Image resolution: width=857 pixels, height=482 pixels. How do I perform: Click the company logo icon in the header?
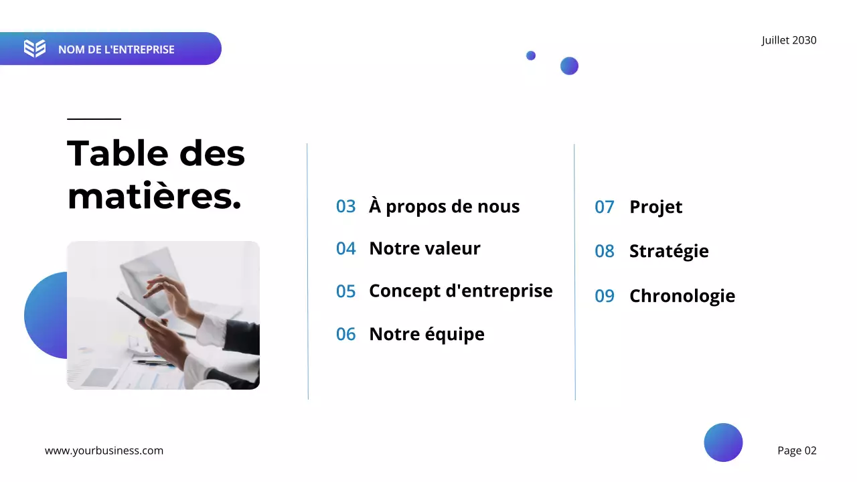click(x=35, y=48)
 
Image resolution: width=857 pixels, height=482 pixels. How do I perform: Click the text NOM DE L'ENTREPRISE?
click(x=116, y=50)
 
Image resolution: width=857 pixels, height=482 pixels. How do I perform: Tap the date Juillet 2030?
click(x=789, y=40)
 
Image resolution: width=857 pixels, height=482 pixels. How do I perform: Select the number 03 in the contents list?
click(x=345, y=206)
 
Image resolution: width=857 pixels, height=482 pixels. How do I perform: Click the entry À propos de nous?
click(x=444, y=206)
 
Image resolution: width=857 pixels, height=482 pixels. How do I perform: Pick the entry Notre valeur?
click(x=424, y=248)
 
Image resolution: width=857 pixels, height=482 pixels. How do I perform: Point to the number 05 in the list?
click(x=345, y=291)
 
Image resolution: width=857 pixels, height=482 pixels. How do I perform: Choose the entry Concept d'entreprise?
click(x=461, y=291)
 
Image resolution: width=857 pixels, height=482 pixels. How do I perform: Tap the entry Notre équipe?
click(x=426, y=334)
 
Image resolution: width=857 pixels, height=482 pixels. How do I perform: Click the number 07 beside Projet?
click(x=604, y=207)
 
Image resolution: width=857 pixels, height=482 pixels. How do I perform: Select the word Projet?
click(x=655, y=207)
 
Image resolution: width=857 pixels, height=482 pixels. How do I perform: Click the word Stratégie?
click(x=668, y=251)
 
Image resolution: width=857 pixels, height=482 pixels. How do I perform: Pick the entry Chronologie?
click(x=682, y=296)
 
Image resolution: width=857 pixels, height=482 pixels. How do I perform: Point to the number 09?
click(x=604, y=296)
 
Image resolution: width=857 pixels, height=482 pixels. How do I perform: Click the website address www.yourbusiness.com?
click(x=104, y=451)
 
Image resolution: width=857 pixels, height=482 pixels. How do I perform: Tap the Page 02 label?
click(x=797, y=451)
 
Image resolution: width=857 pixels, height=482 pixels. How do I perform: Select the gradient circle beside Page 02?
click(x=723, y=443)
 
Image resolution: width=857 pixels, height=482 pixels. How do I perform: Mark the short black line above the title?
click(x=94, y=119)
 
